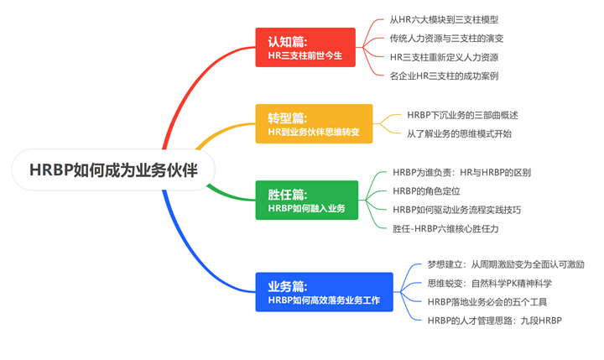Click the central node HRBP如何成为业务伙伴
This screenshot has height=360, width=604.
coord(113,170)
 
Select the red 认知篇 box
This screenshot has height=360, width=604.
coord(305,47)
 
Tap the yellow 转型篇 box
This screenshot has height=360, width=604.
coord(314,123)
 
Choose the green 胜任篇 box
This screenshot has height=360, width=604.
coord(307,200)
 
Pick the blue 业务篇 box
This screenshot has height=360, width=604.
coord(325,292)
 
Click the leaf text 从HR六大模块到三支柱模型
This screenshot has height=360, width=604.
coord(444,19)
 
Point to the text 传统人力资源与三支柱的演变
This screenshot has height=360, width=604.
coord(446,39)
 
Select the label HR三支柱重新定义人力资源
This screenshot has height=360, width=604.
coord(444,57)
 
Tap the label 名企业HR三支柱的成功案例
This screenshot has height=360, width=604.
coord(444,76)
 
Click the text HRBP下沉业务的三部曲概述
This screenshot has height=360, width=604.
coord(462,115)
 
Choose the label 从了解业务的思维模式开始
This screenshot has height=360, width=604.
coord(460,133)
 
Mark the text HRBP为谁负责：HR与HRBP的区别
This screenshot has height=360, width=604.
coord(462,172)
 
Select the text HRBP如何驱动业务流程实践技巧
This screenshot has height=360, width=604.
coord(457,210)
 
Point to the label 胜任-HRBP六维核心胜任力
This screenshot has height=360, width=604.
coord(445,228)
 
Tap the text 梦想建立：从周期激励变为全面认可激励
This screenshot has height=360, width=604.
coord(506,264)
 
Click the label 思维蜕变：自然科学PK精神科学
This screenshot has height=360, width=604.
coord(490,284)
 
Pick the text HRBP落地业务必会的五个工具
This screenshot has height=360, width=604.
coord(487,302)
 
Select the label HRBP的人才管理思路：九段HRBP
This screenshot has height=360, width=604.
coord(495,321)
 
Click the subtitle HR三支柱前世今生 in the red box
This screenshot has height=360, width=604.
coord(305,55)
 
